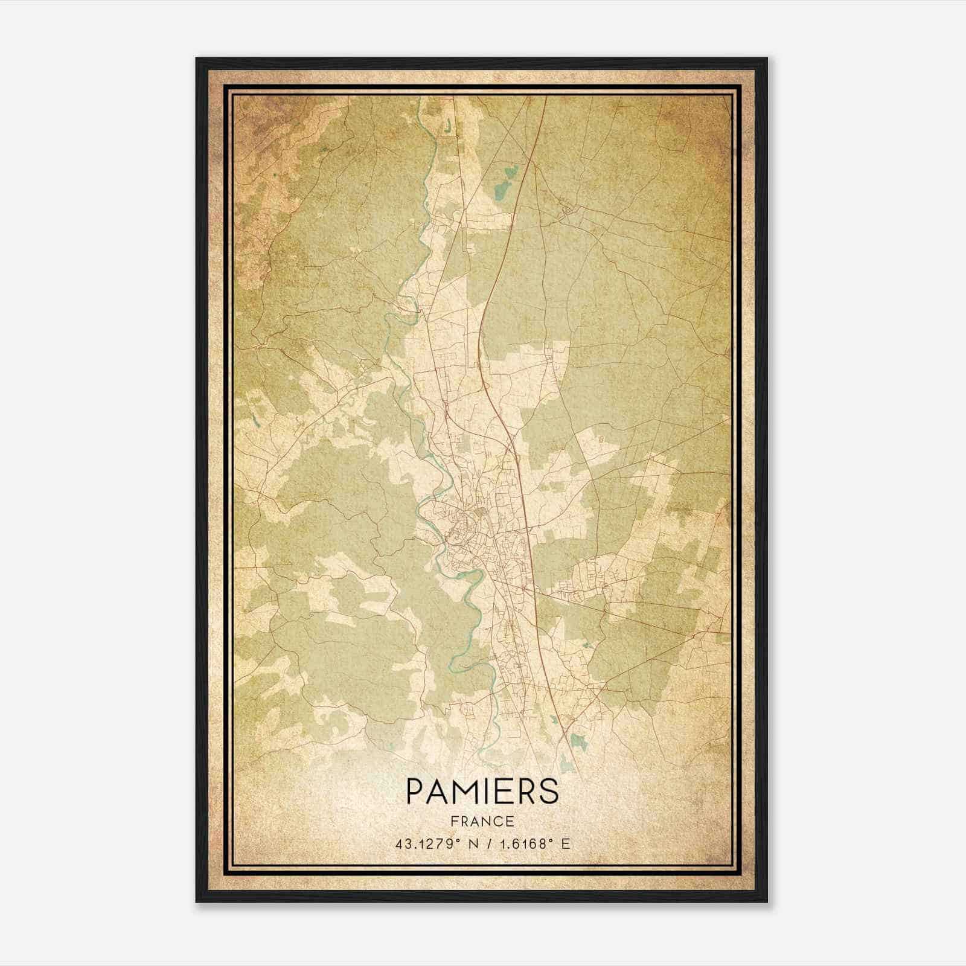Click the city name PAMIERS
click(x=482, y=791)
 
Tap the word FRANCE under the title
click(x=482, y=822)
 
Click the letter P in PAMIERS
click(x=415, y=791)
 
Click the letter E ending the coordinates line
click(x=566, y=844)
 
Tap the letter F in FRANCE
click(x=453, y=822)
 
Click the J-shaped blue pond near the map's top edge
click(x=447, y=127)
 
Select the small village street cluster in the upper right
click(x=568, y=211)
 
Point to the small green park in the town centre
click(x=481, y=513)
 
